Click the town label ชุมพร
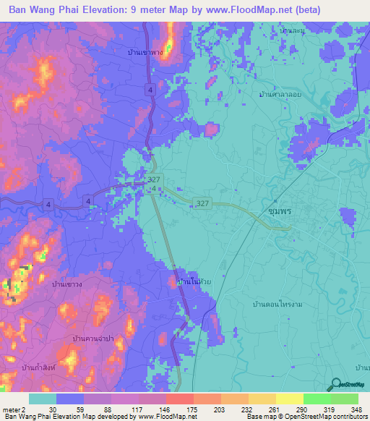[x=275, y=212]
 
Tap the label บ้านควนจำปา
[x=94, y=338]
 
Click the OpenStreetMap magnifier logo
[x=336, y=386]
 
